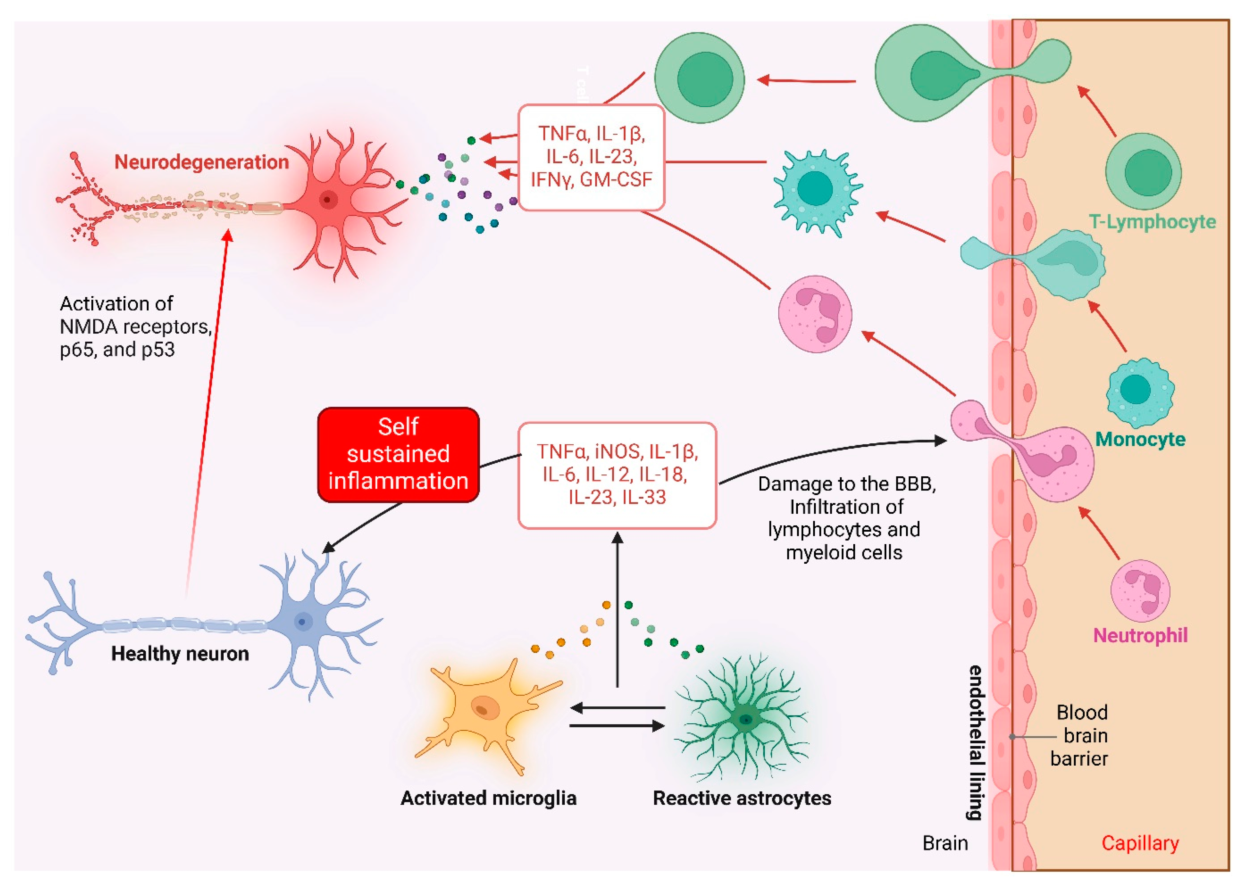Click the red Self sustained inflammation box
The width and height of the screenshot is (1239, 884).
[398, 454]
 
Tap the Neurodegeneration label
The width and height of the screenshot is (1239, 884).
[201, 162]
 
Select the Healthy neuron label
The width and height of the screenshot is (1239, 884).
[180, 653]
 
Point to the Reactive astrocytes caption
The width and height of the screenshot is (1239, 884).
[742, 798]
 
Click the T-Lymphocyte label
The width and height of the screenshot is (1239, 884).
[1152, 221]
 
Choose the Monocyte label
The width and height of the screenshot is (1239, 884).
[1140, 439]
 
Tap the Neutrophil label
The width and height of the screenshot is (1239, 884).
[1140, 635]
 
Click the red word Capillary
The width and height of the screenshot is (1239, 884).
[1140, 843]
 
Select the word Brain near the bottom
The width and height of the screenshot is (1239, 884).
[945, 843]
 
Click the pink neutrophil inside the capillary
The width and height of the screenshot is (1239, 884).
[1140, 591]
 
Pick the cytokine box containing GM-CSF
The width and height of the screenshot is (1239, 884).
[591, 157]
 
